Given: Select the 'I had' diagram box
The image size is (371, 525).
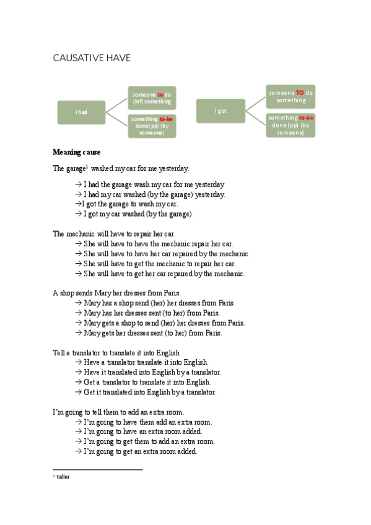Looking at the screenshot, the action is (x=81, y=112).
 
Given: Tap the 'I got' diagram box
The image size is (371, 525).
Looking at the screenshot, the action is (x=220, y=111).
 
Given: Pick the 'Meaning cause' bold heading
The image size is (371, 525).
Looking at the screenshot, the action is (x=77, y=152).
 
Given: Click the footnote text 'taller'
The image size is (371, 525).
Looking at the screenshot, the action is (x=63, y=477).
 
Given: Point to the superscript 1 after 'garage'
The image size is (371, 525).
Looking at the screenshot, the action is (x=87, y=165).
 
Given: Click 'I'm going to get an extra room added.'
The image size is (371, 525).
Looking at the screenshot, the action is (x=140, y=451).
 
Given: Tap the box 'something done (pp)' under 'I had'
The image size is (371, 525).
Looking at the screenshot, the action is (x=152, y=126).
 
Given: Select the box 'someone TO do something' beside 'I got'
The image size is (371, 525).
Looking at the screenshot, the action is (x=290, y=97).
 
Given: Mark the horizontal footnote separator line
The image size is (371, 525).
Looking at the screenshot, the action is (x=98, y=470).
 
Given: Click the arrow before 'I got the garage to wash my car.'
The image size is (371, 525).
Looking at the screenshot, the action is (x=77, y=204).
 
